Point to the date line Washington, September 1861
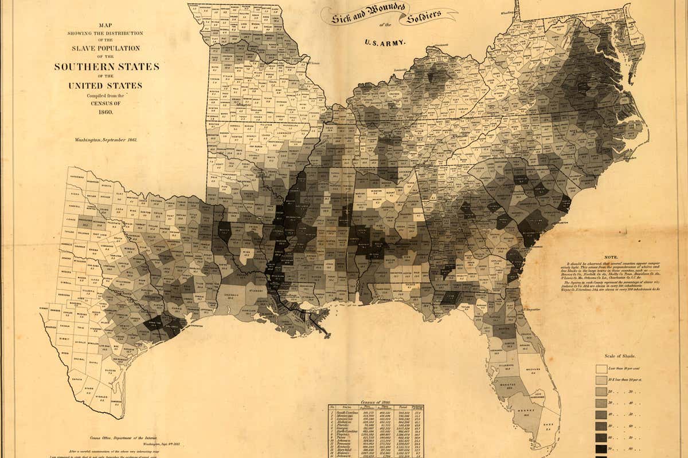click(105, 139)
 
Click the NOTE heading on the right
click(612, 258)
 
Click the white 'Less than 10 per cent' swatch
click(601, 369)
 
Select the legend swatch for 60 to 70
click(601, 437)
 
